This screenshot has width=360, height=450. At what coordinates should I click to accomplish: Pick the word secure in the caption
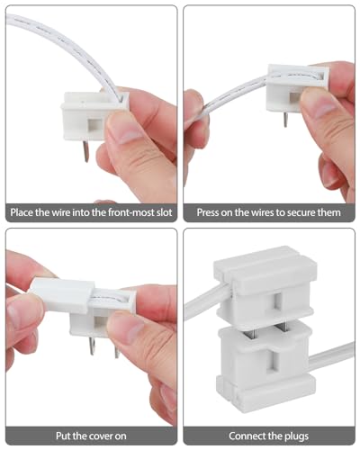[x=301, y=212]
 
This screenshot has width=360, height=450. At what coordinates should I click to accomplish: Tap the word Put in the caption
[x=62, y=436]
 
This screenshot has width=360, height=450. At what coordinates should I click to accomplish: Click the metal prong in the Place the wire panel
[x=86, y=151]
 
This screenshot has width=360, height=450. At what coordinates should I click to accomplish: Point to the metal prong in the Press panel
[x=285, y=120]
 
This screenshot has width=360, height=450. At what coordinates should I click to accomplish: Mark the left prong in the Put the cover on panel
[x=92, y=346]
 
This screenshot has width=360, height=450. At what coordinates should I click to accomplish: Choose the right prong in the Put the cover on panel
[x=117, y=349]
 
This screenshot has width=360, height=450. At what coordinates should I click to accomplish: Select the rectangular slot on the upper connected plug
[x=277, y=301]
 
